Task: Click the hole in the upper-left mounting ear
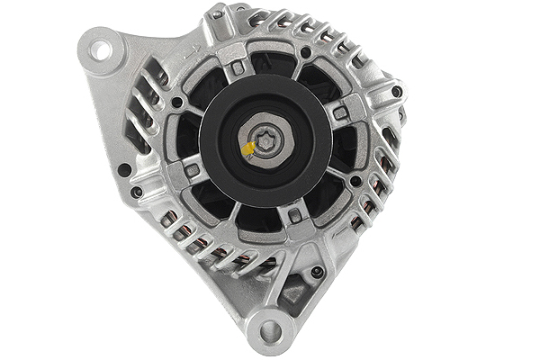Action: (x=101, y=49)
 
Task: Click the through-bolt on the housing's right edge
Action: (x=396, y=91)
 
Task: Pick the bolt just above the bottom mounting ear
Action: (x=316, y=271)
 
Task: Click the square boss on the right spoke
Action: (x=341, y=112)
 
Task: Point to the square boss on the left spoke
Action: (x=192, y=169)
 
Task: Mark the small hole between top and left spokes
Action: (x=177, y=102)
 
